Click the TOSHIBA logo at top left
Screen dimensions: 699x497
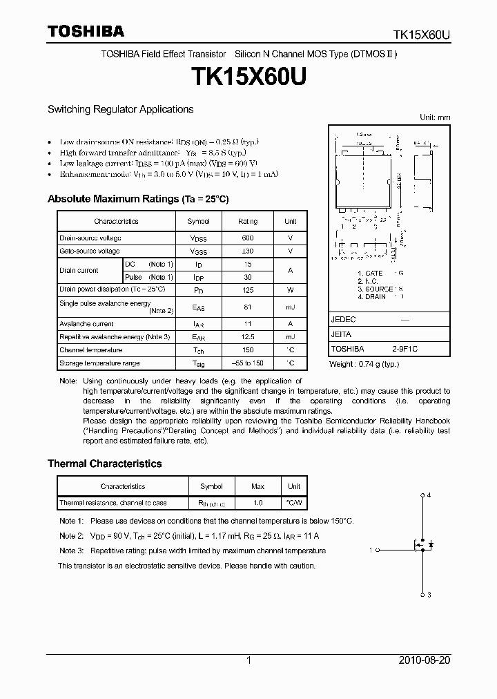tap(86, 31)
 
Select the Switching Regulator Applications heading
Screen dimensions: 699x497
tap(120, 109)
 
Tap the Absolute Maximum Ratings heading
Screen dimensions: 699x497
tap(137, 199)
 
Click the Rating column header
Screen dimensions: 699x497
tap(248, 221)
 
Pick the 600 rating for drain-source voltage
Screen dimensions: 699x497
tap(248, 238)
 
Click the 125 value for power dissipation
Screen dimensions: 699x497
tap(248, 290)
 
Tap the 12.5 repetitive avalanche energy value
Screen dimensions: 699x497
tap(248, 336)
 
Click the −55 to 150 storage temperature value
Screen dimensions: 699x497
tap(248, 363)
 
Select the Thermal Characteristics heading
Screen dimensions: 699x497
tap(104, 463)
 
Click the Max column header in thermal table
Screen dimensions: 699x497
tap(258, 486)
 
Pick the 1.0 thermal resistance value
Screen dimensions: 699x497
tap(258, 503)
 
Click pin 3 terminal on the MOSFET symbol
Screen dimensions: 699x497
tap(422, 593)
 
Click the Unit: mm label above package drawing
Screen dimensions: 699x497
tap(435, 117)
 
